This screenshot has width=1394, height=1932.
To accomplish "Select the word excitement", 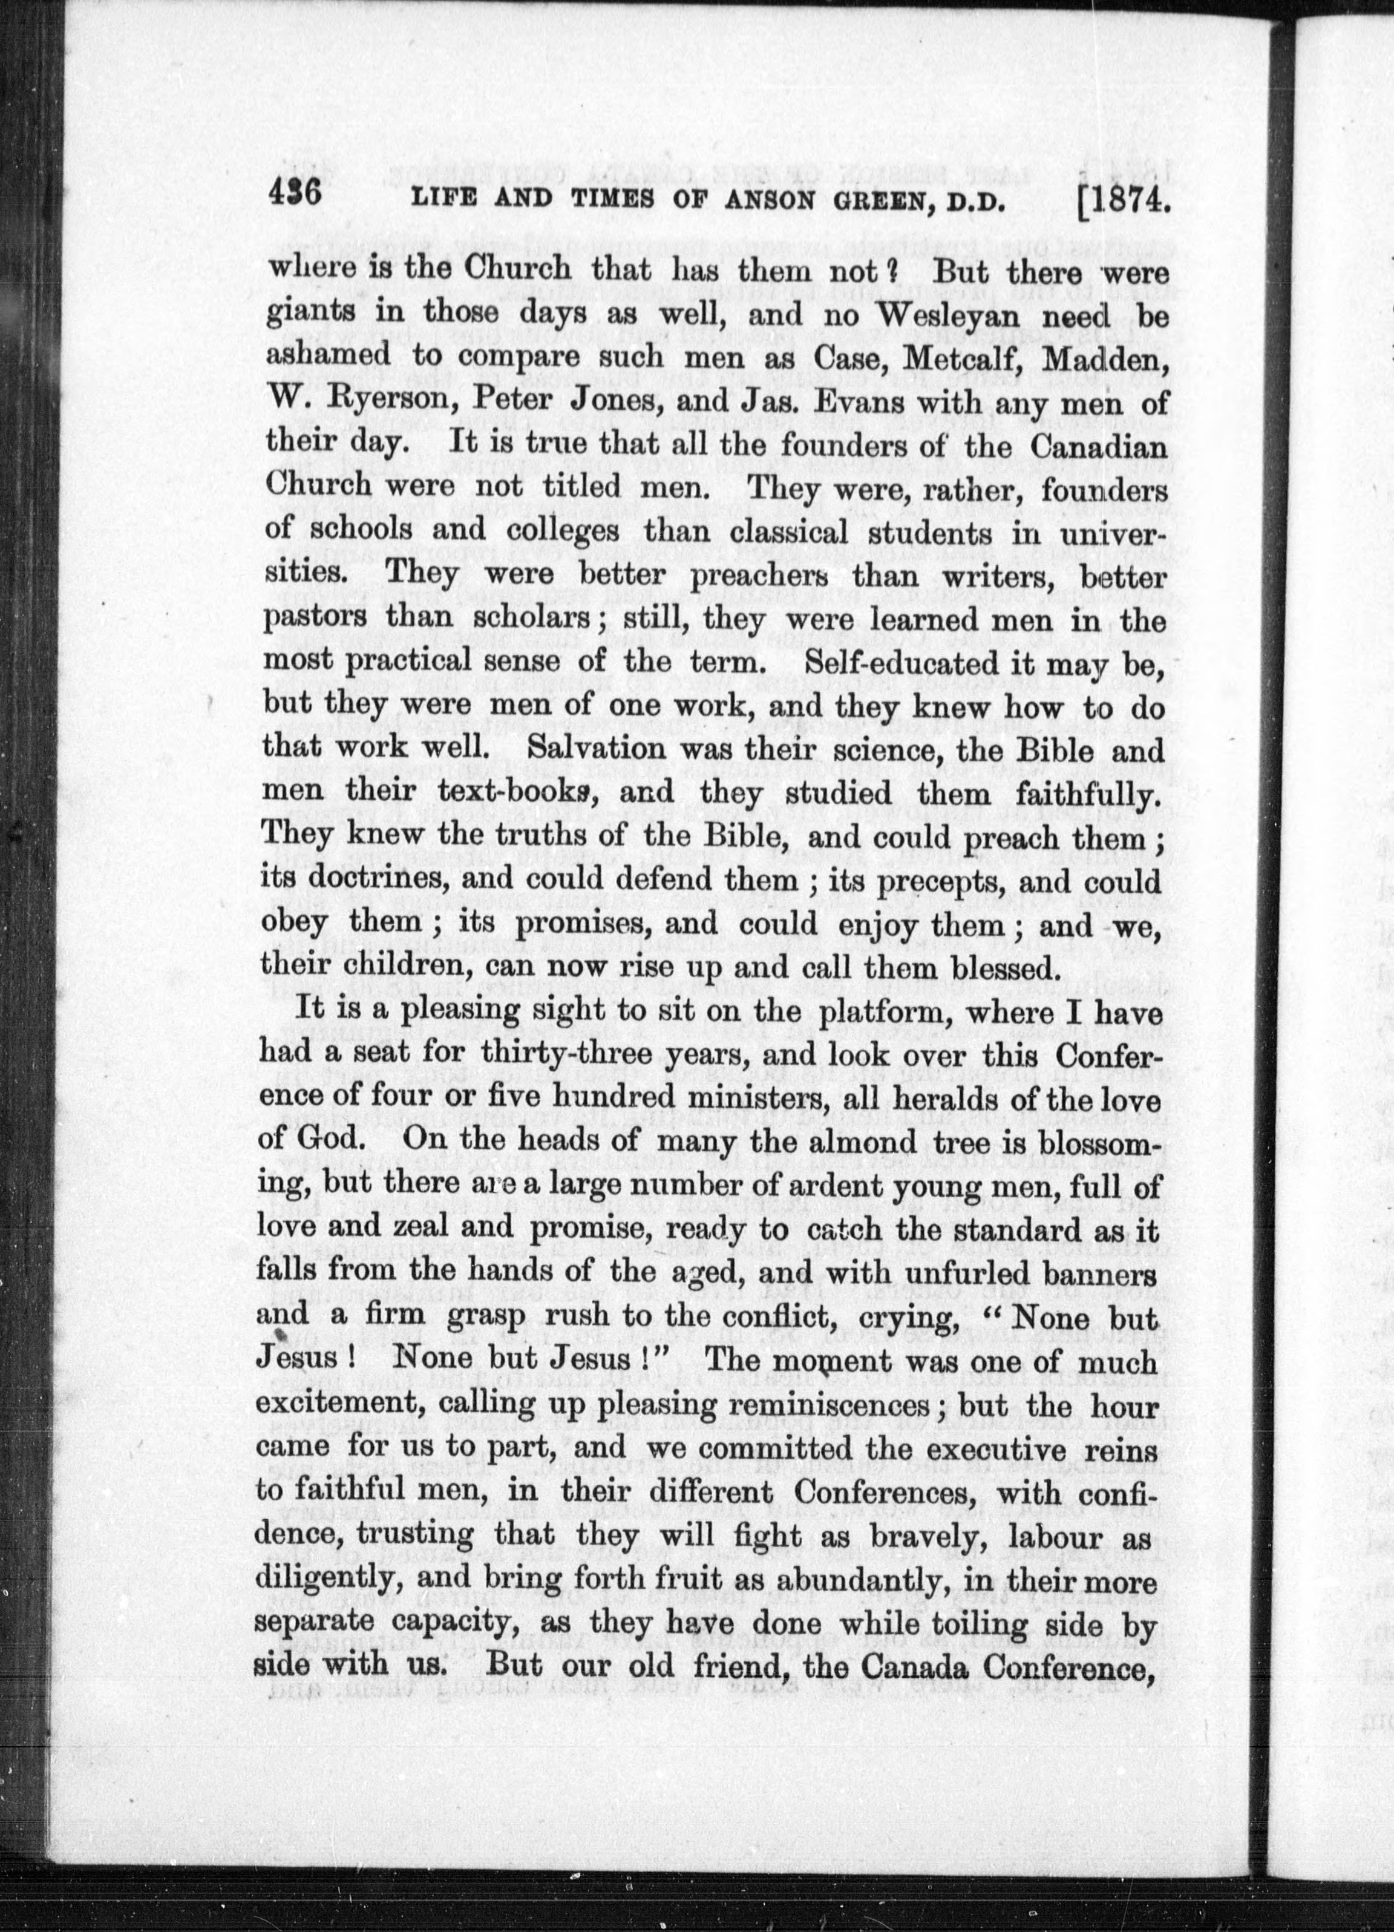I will click(x=341, y=1405).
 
